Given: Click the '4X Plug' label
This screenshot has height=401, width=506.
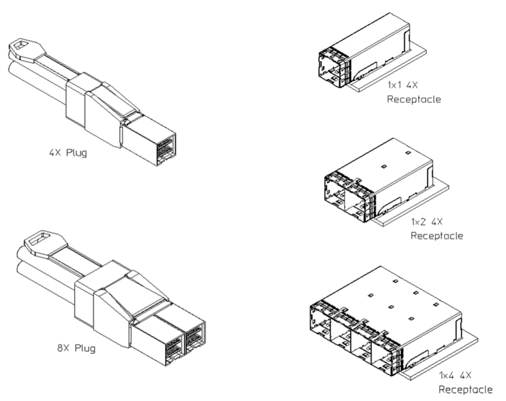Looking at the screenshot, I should tap(68, 153).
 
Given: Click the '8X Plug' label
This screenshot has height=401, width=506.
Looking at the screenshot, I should tap(76, 348).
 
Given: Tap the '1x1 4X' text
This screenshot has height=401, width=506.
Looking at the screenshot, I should tap(402, 85).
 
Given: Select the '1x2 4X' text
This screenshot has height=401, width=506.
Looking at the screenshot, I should tap(427, 221).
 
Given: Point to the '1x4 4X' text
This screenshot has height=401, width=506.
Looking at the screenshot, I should tap(455, 375).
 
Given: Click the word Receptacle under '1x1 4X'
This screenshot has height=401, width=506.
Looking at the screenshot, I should tap(414, 99).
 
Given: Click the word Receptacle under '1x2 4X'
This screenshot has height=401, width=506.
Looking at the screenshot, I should tap(437, 236).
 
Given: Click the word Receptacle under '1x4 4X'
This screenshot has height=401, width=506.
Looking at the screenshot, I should tap(466, 390).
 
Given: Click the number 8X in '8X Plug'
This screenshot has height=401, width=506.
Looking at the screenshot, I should tap(63, 348).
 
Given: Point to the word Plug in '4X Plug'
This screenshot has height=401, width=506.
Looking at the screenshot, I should tap(76, 153).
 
